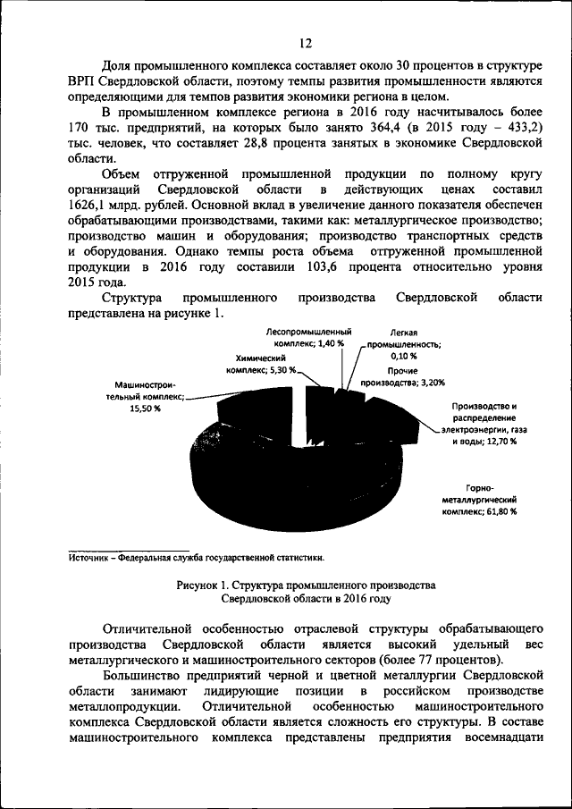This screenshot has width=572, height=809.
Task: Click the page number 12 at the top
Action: (x=306, y=43)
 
